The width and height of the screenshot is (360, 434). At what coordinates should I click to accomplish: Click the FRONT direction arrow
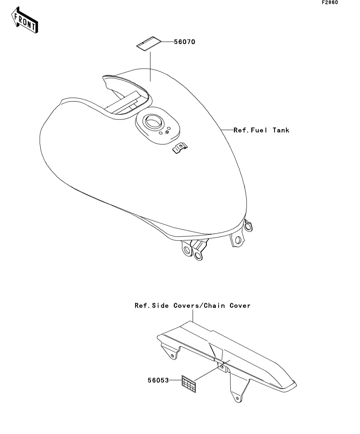[x=25, y=22]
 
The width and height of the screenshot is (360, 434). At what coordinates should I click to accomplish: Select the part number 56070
[x=185, y=42]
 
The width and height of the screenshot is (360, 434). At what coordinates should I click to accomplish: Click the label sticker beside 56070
[x=148, y=44]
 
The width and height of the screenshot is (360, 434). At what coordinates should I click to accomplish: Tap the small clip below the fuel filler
[x=180, y=148]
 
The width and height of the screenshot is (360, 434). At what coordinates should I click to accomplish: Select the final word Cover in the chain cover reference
[x=240, y=305]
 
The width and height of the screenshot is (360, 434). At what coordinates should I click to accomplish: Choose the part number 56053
[x=158, y=380]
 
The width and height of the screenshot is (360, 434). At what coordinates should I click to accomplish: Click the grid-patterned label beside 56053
[x=189, y=383]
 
